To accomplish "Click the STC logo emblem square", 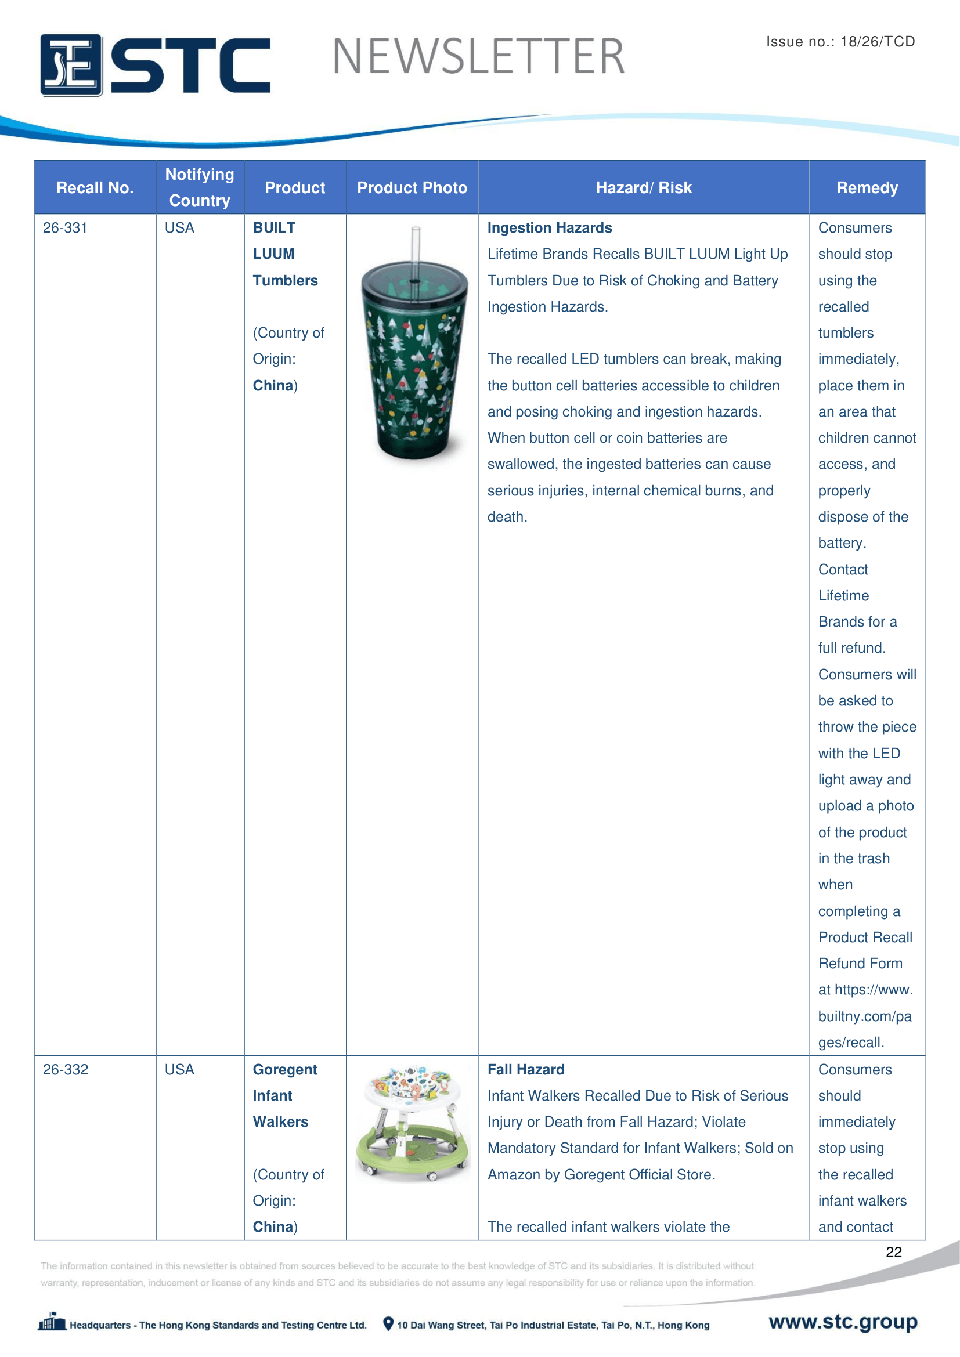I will (x=71, y=65).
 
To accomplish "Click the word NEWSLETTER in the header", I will (x=478, y=57).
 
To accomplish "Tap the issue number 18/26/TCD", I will (x=877, y=41).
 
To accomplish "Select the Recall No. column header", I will (x=95, y=188).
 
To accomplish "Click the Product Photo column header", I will (x=412, y=188).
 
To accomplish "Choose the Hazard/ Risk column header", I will (x=643, y=188).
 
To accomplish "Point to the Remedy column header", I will (x=867, y=188).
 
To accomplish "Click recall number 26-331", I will (x=65, y=228).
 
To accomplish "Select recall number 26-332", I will (x=65, y=1069).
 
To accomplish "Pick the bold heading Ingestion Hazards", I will (x=549, y=228).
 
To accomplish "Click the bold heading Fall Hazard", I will (x=525, y=1069).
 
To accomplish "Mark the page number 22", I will (x=893, y=1252).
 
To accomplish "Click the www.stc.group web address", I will (x=842, y=1322).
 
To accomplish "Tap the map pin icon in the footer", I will (x=388, y=1324).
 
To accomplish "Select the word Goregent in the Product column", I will (x=284, y=1069).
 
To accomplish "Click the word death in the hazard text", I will (x=506, y=517).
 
